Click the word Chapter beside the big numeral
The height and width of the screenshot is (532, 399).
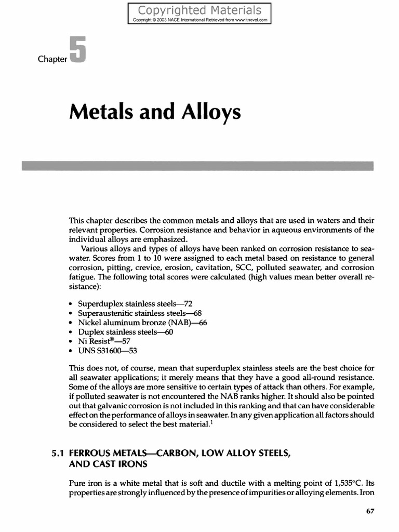pos(52,59)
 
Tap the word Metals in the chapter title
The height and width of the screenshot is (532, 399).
pos(99,112)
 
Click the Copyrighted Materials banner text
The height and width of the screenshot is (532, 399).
pos(200,10)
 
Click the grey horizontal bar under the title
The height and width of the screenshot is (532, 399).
pos(197,166)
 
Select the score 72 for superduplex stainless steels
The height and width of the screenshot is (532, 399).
pos(189,303)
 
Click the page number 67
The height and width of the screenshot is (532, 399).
pos(370,511)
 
